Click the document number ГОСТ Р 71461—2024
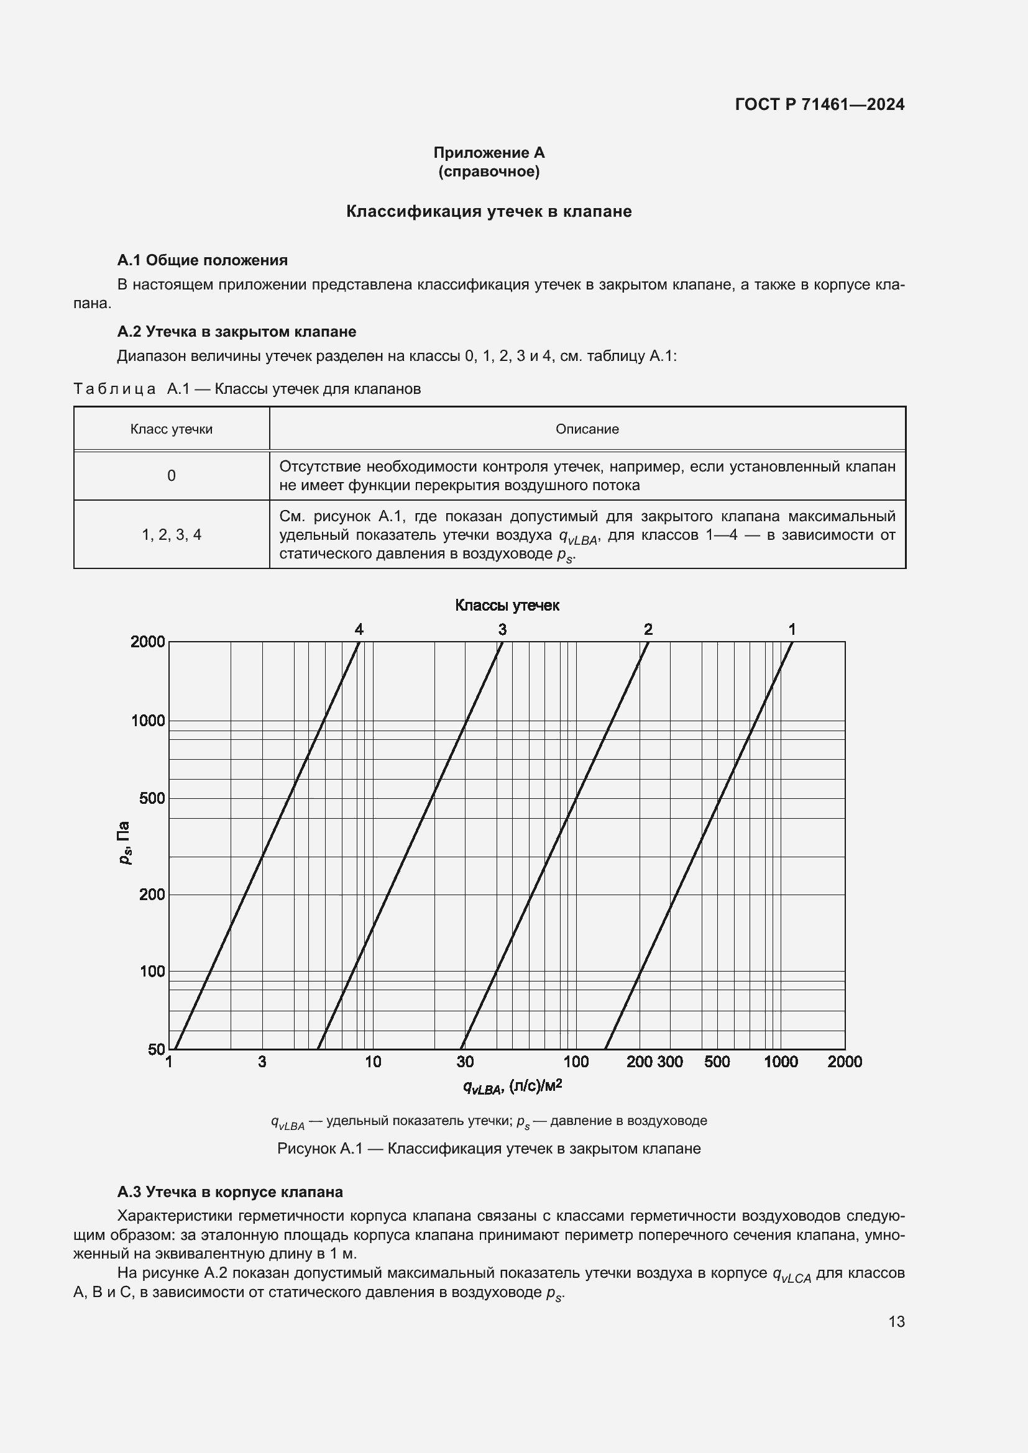[819, 104]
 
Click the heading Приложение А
[489, 153]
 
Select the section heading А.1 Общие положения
[202, 260]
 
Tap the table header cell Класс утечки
[171, 429]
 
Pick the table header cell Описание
[587, 429]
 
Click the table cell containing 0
[171, 475]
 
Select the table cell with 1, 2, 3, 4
[171, 535]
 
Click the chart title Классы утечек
[507, 606]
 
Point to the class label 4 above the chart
[359, 629]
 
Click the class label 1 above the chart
[791, 629]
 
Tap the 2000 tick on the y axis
[147, 642]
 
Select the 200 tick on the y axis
[151, 894]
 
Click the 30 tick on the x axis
[465, 1062]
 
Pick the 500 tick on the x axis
[717, 1062]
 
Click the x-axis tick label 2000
[844, 1062]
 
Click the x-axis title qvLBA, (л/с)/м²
[512, 1086]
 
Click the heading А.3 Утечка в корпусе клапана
[230, 1191]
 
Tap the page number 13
[896, 1321]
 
